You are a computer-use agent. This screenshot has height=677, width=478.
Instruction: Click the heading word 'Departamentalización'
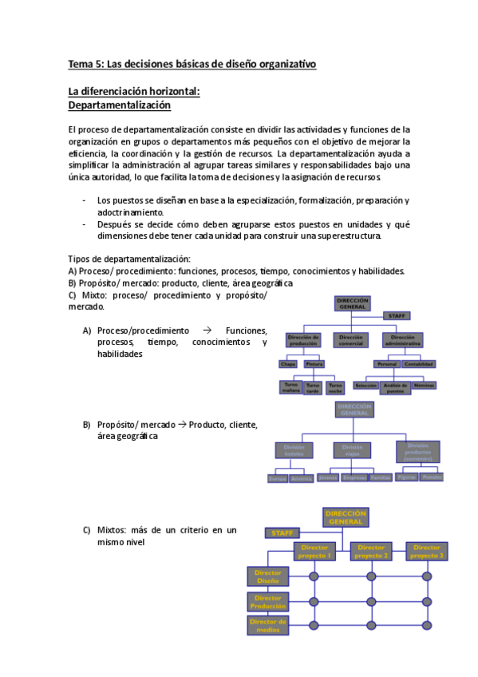(x=119, y=105)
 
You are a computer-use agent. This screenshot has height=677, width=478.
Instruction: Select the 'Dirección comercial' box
(x=350, y=341)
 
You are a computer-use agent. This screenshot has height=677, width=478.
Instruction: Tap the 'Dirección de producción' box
(x=302, y=341)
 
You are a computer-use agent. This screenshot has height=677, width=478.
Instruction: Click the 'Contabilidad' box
(x=419, y=364)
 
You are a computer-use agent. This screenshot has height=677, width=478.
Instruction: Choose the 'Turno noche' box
(x=336, y=387)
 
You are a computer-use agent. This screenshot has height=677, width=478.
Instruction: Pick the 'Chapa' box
(x=288, y=364)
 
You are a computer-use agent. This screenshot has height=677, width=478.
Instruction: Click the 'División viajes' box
(x=352, y=450)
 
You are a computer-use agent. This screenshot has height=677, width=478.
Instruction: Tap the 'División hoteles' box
(x=295, y=450)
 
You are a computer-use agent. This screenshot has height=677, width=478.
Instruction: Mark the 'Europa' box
(x=277, y=478)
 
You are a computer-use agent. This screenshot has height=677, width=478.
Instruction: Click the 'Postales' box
(x=432, y=477)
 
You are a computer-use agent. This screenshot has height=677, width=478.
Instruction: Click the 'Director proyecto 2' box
(x=371, y=551)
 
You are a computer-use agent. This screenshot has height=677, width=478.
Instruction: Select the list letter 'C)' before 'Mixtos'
(x=87, y=529)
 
